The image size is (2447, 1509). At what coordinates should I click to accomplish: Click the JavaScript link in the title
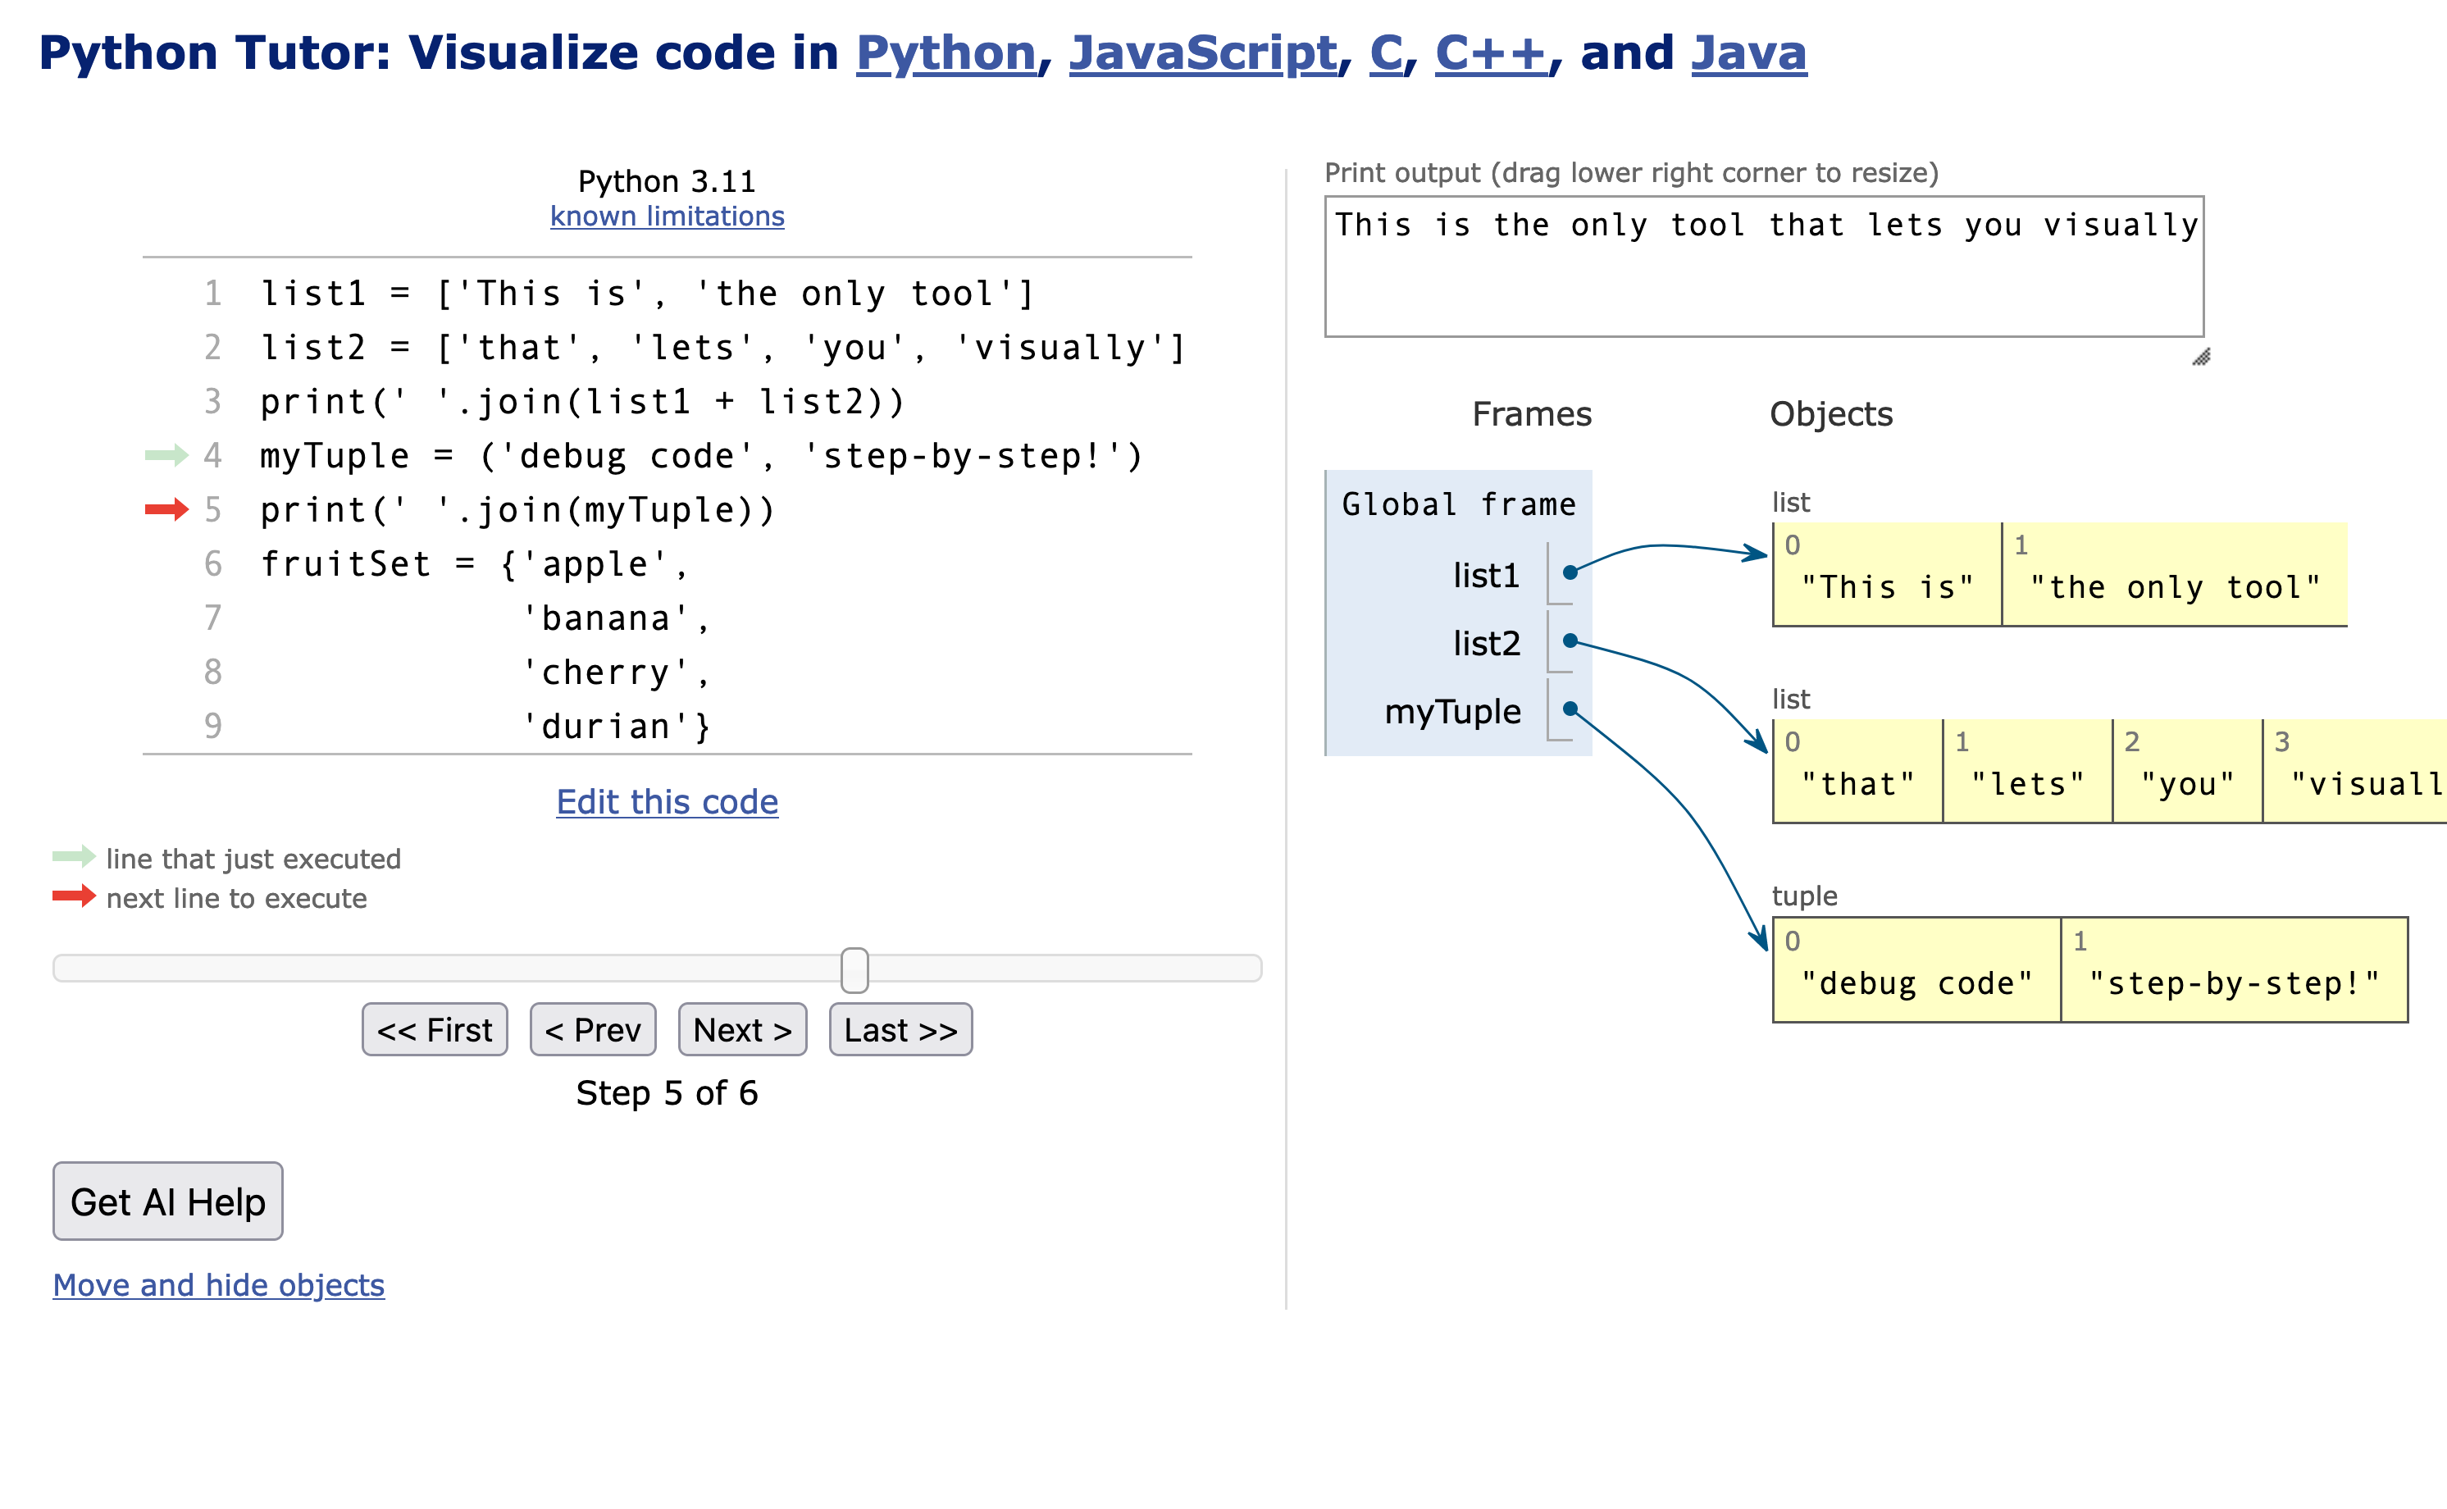(x=1202, y=52)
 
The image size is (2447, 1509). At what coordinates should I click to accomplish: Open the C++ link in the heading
(x=1491, y=52)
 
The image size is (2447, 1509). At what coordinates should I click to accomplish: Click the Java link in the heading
(x=1748, y=52)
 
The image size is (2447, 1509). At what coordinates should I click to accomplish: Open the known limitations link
(x=667, y=217)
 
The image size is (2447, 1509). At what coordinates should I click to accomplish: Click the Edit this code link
(x=667, y=801)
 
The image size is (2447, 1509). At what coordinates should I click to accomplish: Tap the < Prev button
(x=593, y=1029)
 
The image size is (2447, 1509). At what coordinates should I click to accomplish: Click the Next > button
(x=742, y=1029)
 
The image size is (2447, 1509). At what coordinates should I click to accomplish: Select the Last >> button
(x=900, y=1029)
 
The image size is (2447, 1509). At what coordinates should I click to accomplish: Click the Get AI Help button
(x=167, y=1201)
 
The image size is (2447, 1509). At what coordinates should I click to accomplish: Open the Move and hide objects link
(x=219, y=1284)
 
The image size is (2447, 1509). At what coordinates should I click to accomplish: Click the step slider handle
(x=854, y=970)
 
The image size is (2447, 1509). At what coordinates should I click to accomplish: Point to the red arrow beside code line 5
(x=166, y=510)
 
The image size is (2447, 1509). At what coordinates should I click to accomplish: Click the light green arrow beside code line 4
(x=166, y=456)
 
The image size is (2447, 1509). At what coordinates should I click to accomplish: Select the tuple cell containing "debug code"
(x=1917, y=969)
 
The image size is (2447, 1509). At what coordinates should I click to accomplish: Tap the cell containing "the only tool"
(x=2175, y=575)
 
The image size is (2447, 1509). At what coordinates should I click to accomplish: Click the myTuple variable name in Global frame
(x=1453, y=712)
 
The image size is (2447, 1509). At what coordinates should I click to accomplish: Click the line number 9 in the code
(x=212, y=726)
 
